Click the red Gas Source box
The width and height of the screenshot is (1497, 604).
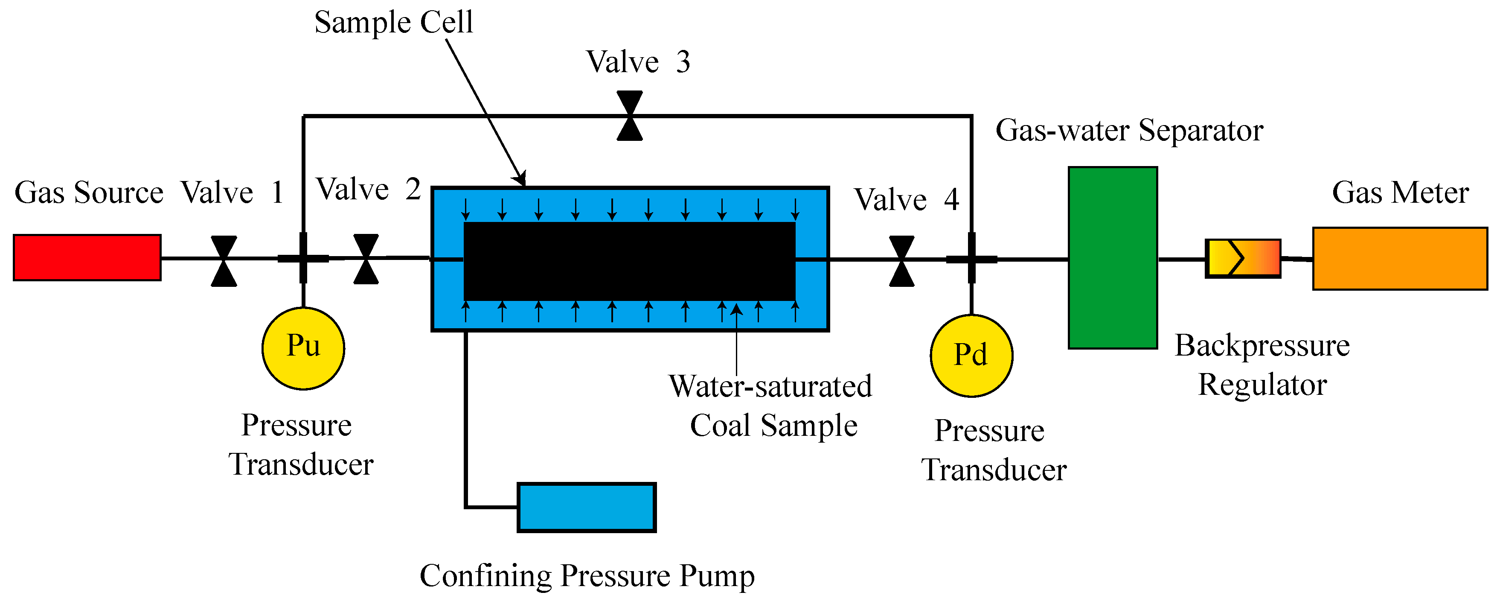click(87, 257)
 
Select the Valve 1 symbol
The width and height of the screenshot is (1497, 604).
click(224, 261)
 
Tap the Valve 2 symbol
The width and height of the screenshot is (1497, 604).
click(366, 259)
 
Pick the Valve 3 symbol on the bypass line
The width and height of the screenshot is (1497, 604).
click(629, 116)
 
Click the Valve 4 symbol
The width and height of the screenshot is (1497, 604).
click(901, 261)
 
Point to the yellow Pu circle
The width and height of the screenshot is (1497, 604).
click(303, 347)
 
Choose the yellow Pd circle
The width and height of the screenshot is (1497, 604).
click(971, 355)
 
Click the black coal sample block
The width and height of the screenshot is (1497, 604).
click(629, 261)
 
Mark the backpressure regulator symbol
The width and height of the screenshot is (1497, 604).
click(1242, 258)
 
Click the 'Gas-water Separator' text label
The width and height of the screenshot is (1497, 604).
click(1129, 130)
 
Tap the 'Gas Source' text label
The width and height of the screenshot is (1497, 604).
click(89, 193)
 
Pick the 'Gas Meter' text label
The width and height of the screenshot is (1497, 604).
click(1400, 193)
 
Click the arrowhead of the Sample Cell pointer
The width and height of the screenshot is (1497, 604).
click(521, 179)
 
